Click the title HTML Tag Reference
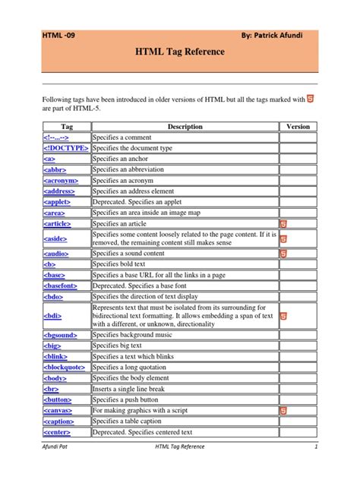180,52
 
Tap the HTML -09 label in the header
58,35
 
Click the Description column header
185,126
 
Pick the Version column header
298,126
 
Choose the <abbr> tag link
54,170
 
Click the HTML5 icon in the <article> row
283,225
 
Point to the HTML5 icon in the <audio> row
283,253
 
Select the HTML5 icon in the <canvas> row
283,410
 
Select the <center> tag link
59,432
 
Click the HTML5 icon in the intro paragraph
311,99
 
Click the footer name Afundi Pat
57,469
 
